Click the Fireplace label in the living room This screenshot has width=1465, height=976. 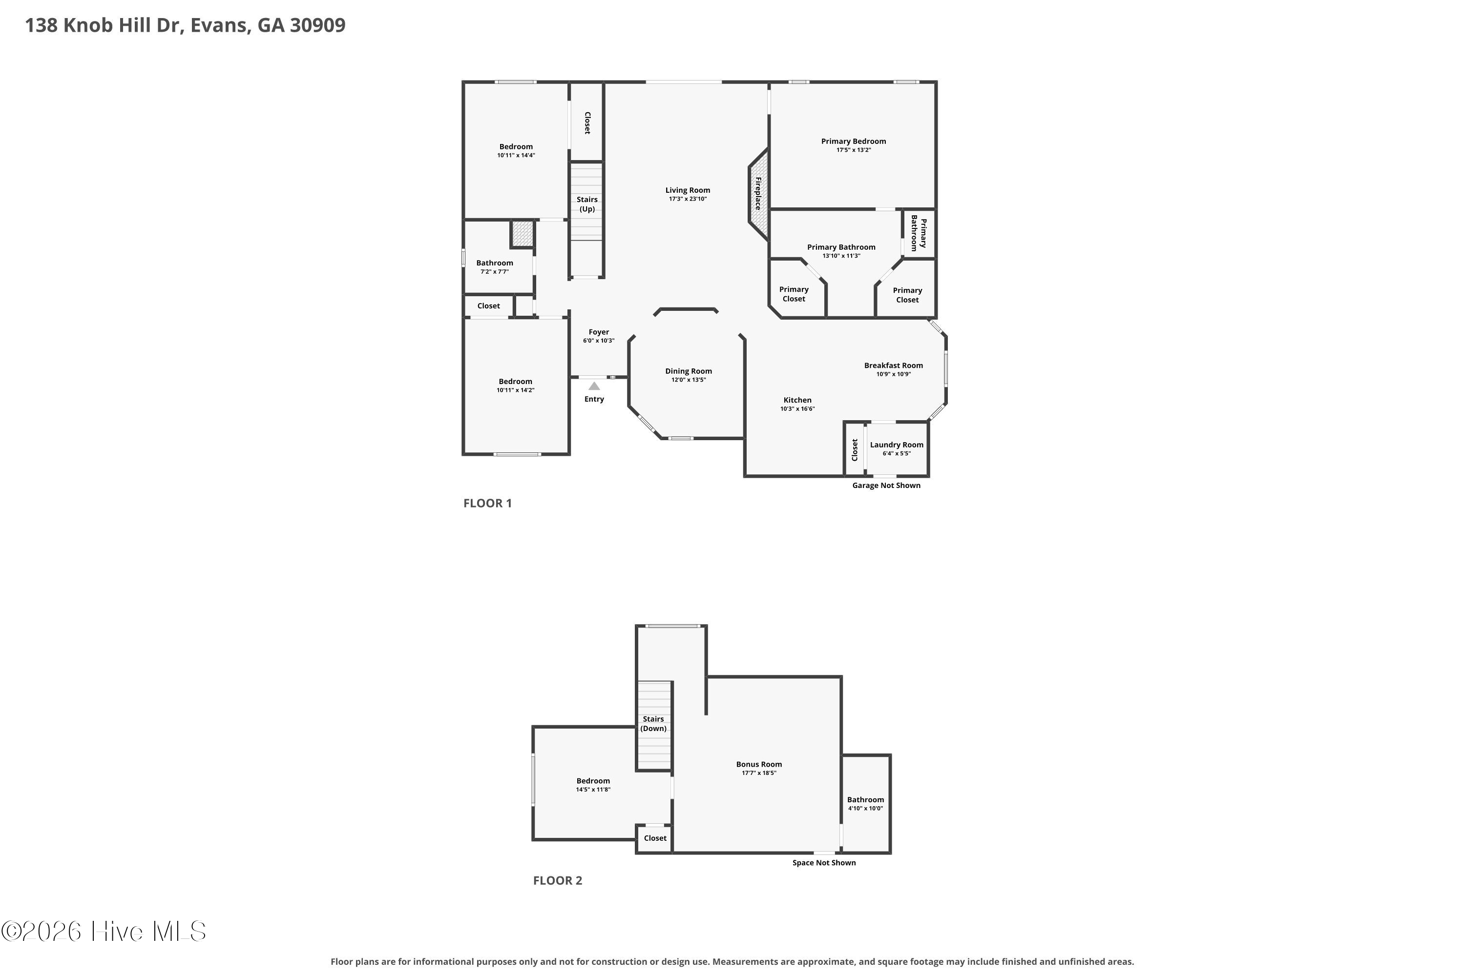click(x=758, y=194)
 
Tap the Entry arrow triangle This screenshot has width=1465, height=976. click(x=594, y=386)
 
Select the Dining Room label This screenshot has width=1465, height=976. click(x=688, y=371)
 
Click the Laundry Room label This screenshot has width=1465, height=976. click(x=896, y=445)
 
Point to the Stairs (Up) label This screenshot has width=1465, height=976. click(x=587, y=204)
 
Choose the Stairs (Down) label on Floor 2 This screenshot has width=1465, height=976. click(x=653, y=723)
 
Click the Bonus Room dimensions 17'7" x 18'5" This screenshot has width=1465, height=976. click(x=759, y=773)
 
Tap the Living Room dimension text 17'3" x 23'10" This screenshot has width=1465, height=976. click(x=688, y=199)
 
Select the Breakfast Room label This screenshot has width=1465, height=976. click(x=893, y=366)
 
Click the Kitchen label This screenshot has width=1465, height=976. click(x=797, y=400)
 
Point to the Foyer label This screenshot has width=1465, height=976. click(x=599, y=332)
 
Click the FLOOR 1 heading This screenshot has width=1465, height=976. click(x=487, y=503)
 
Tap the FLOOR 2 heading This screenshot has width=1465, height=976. click(x=558, y=880)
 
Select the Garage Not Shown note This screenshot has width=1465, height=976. click(x=886, y=486)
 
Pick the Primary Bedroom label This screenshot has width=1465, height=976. click(x=853, y=142)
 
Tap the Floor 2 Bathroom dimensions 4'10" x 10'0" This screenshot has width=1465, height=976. click(x=865, y=809)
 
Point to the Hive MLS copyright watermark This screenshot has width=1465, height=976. click(x=104, y=931)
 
